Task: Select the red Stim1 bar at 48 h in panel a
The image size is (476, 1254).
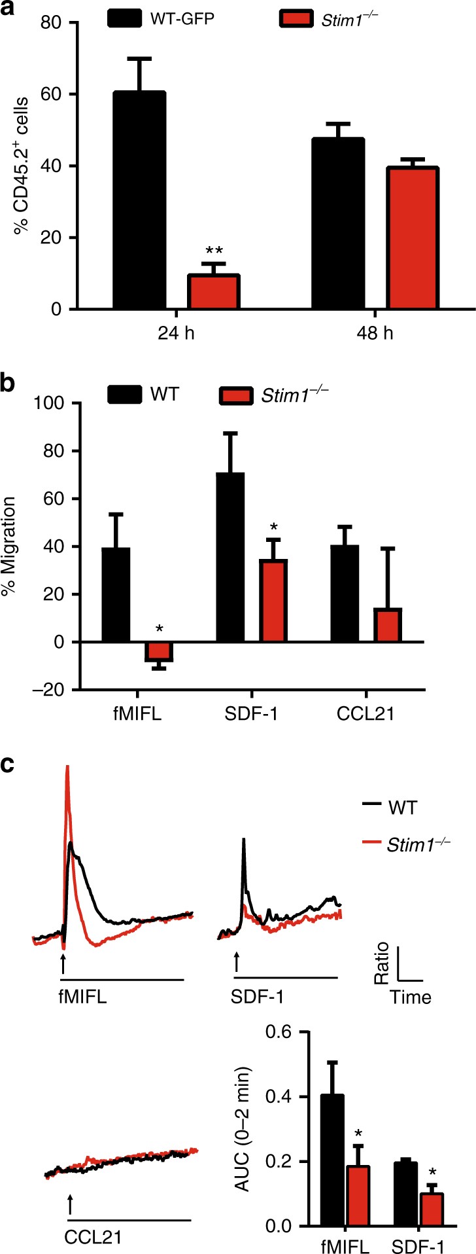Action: point(413,238)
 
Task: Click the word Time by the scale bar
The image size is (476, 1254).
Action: point(411,997)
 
